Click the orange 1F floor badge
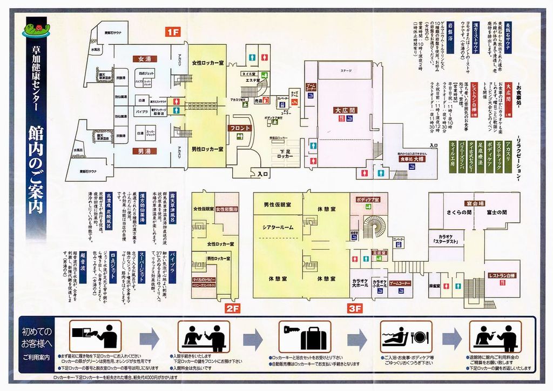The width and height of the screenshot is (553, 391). pos(172,32)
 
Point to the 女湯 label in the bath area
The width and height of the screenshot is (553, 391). pos(144,58)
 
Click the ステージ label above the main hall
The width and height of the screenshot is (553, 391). pos(346,71)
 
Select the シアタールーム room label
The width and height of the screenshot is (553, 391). pos(278,227)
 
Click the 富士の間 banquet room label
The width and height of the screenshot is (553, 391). pos(496,212)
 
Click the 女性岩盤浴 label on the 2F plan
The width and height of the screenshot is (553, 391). pos(227,209)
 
